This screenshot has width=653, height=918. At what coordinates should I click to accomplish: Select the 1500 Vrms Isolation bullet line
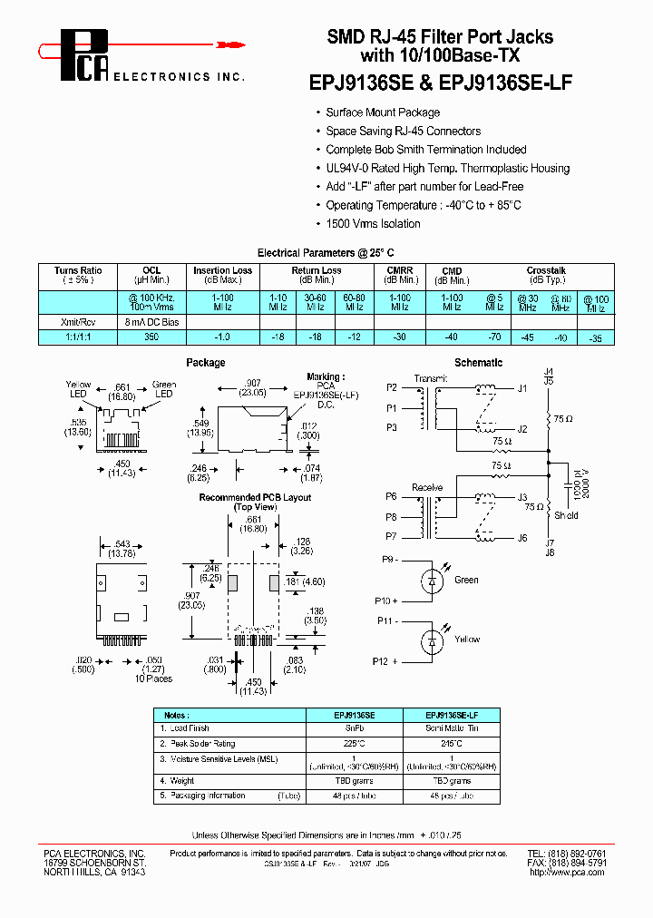click(x=373, y=224)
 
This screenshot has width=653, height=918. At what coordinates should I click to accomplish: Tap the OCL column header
click(x=151, y=270)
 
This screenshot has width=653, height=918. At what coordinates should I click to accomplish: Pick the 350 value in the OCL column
click(x=151, y=337)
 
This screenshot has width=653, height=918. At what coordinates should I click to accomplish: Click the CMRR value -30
click(x=399, y=337)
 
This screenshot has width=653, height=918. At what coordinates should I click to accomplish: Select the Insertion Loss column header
click(x=223, y=270)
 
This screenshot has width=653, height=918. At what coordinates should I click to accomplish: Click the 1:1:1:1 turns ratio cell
click(x=78, y=337)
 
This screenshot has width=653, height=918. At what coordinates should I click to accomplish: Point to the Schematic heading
click(x=478, y=363)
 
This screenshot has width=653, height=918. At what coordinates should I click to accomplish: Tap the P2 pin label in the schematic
click(x=391, y=387)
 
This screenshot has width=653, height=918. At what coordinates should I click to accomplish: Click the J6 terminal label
click(x=522, y=539)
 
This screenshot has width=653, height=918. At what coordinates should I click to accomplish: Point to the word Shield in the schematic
click(x=566, y=515)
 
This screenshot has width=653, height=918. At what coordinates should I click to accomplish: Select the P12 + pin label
click(x=385, y=661)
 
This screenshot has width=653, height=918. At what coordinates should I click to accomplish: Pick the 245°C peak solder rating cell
click(x=447, y=743)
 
